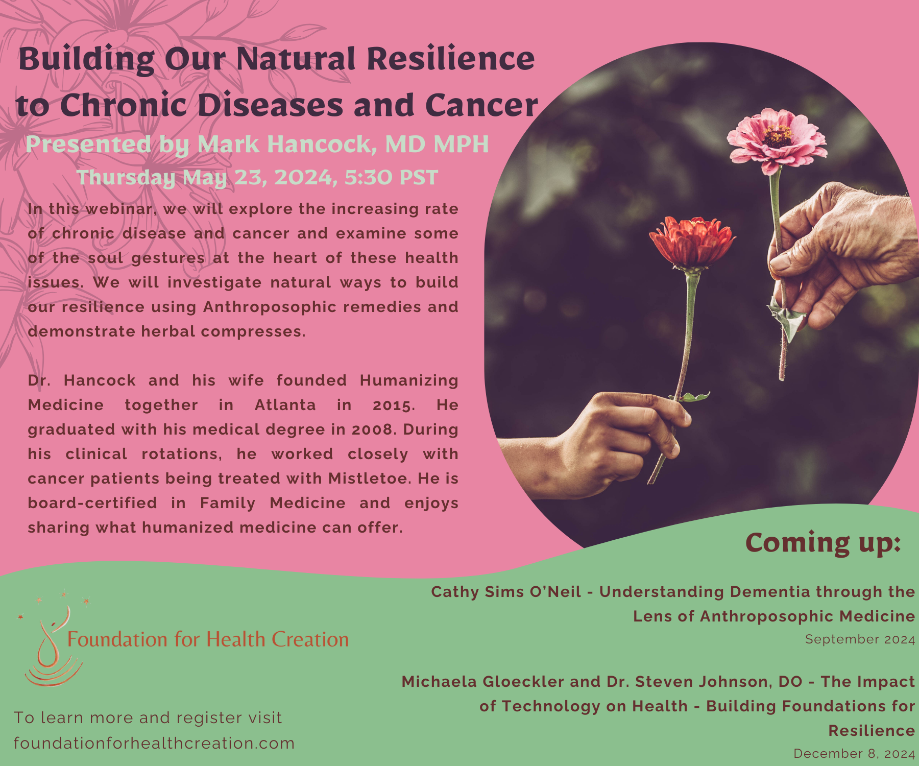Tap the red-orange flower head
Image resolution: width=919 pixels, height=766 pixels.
tap(691, 242)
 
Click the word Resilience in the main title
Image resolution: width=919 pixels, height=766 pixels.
tap(451, 59)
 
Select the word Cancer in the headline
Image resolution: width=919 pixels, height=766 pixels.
tap(481, 106)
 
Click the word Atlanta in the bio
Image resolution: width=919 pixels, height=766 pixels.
tap(285, 405)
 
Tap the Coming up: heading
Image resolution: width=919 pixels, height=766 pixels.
tap(823, 543)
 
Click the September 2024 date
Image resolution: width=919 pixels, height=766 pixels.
tap(860, 639)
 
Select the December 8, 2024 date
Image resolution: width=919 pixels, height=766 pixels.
tap(854, 754)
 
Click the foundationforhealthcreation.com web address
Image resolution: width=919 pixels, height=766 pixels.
tap(154, 743)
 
